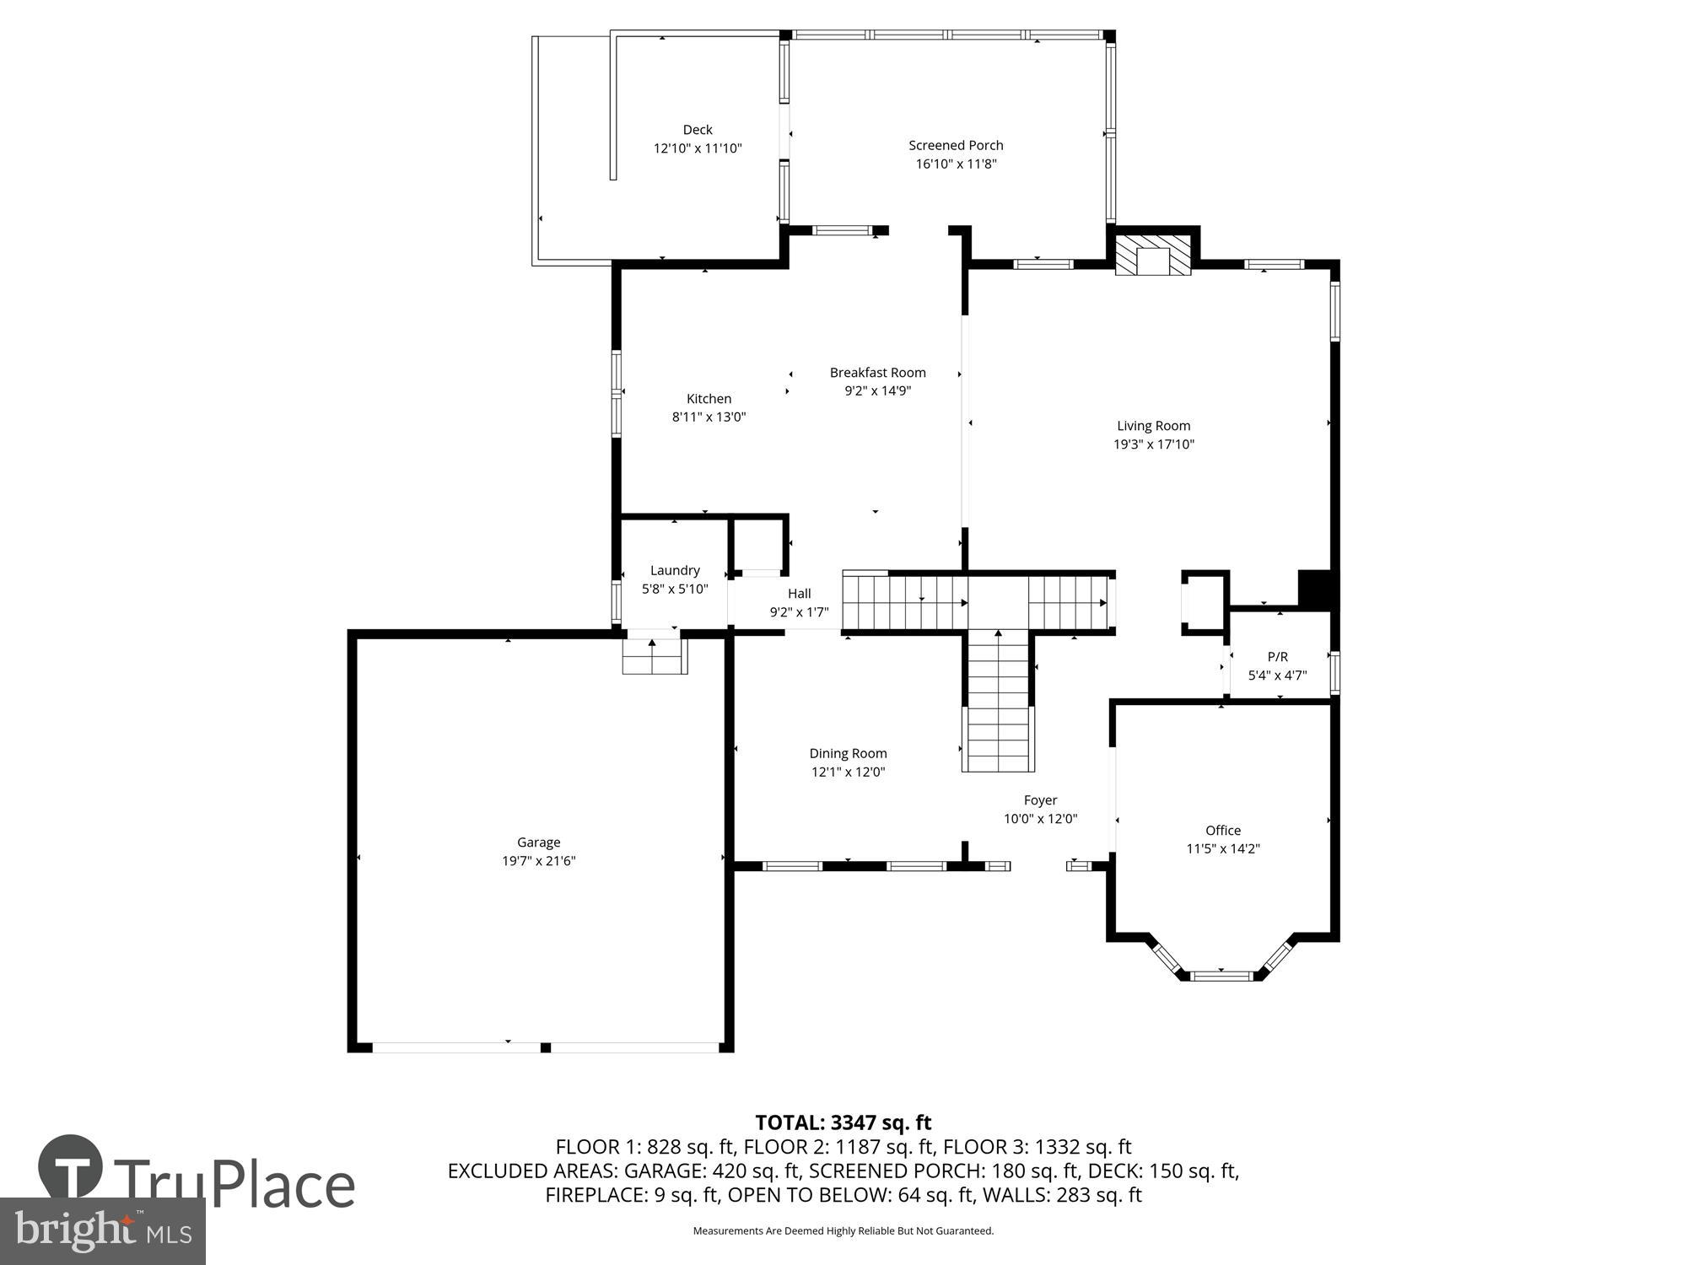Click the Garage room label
click(x=538, y=842)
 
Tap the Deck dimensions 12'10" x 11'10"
click(x=697, y=148)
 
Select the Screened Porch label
click(x=956, y=145)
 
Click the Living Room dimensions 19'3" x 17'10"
click(x=1153, y=444)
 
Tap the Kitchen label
click(x=709, y=398)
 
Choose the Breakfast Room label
click(x=877, y=372)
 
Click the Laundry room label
click(x=675, y=570)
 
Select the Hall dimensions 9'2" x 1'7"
click(x=799, y=612)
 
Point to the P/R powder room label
click(x=1277, y=656)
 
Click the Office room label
click(x=1222, y=830)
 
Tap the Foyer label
click(x=1040, y=799)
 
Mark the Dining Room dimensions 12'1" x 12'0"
click(x=848, y=772)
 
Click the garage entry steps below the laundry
click(x=654, y=656)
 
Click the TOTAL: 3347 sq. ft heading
click(x=843, y=1122)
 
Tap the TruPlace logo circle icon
click(x=71, y=1166)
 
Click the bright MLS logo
click(x=103, y=1231)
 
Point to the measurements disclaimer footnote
click(x=843, y=1231)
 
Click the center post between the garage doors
click(x=546, y=1047)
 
